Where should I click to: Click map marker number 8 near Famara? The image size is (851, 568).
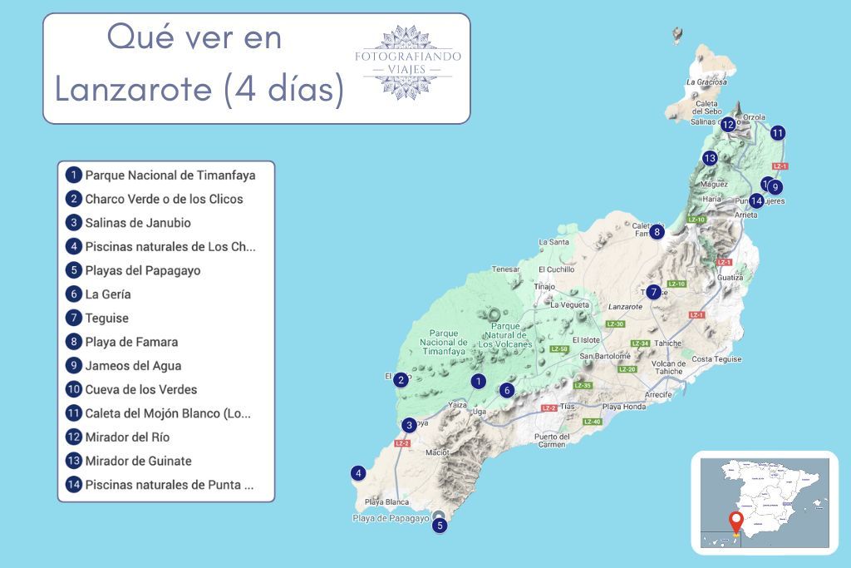pyautogui.click(x=657, y=232)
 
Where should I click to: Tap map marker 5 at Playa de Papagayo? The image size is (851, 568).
pyautogui.click(x=440, y=525)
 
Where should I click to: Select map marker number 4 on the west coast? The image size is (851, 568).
pyautogui.click(x=358, y=473)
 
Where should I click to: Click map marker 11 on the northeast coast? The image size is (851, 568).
pyautogui.click(x=777, y=132)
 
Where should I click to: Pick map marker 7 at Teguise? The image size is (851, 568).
pyautogui.click(x=654, y=292)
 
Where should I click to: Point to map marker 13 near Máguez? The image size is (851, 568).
pyautogui.click(x=709, y=158)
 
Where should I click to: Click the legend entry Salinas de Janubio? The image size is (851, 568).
pyautogui.click(x=138, y=223)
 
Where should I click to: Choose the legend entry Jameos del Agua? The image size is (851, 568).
pyautogui.click(x=133, y=365)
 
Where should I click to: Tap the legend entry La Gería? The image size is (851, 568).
pyautogui.click(x=108, y=294)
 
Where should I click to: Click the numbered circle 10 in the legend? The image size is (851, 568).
pyautogui.click(x=74, y=389)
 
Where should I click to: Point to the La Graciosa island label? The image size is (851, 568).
pyautogui.click(x=707, y=82)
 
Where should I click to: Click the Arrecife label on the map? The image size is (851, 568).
pyautogui.click(x=657, y=394)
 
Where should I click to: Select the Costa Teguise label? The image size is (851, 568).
pyautogui.click(x=716, y=359)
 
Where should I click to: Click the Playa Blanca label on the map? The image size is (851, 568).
pyautogui.click(x=386, y=502)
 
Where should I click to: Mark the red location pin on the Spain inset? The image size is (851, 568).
pyautogui.click(x=735, y=524)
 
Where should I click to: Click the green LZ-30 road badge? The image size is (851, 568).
pyautogui.click(x=615, y=324)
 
